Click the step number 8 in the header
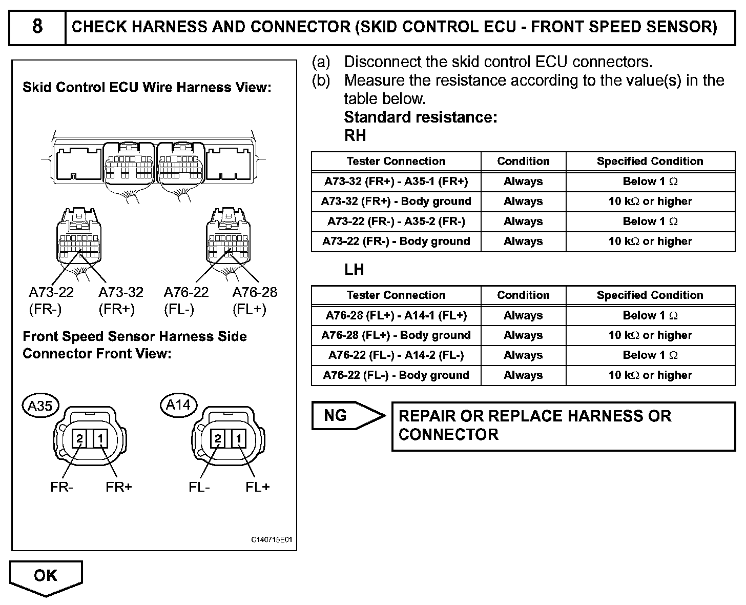37,27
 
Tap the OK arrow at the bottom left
46,576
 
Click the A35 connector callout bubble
40,406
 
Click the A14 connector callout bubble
178,405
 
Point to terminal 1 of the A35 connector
101,439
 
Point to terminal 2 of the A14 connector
218,439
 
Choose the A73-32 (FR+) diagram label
120,300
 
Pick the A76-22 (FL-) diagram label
186,300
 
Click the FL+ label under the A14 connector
257,487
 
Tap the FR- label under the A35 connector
61,487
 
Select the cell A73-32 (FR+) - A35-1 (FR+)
396,181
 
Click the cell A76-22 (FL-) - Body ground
396,375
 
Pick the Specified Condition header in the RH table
650,162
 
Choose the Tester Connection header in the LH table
396,295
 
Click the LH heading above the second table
354,270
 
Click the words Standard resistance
421,117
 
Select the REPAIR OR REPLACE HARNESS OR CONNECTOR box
563,426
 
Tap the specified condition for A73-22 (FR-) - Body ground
650,241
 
